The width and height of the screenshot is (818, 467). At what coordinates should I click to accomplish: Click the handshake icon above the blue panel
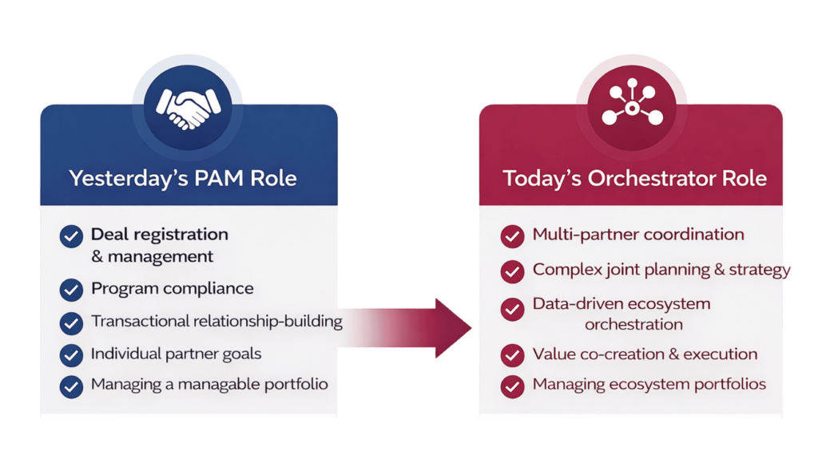click(x=189, y=109)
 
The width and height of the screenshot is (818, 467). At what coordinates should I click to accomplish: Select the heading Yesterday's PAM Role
click(x=183, y=178)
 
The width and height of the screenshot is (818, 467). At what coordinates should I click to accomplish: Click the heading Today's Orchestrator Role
click(x=634, y=178)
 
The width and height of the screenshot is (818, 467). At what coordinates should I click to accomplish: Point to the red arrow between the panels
click(x=404, y=328)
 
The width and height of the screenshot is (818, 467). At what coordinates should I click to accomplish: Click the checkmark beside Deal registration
click(x=71, y=236)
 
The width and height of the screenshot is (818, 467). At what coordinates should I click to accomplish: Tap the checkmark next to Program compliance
click(x=71, y=290)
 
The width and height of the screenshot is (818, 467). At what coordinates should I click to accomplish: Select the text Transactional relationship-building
click(x=217, y=321)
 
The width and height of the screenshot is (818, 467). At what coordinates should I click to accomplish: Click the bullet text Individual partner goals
click(x=177, y=354)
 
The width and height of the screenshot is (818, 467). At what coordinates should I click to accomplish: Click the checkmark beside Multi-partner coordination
click(x=512, y=236)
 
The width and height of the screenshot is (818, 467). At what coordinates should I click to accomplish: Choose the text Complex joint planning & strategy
click(x=661, y=270)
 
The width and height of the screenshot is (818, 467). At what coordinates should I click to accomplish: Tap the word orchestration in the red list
click(x=633, y=325)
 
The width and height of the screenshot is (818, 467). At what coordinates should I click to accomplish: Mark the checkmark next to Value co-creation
click(x=512, y=355)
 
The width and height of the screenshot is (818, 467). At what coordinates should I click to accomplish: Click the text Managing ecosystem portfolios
click(x=649, y=385)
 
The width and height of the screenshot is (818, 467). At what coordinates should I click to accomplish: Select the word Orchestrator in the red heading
click(x=652, y=178)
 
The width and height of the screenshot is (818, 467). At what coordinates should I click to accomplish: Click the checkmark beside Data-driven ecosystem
click(x=512, y=309)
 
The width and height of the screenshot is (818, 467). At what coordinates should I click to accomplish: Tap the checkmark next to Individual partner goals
click(x=71, y=355)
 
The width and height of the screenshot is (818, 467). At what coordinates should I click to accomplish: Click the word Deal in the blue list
click(x=109, y=235)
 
